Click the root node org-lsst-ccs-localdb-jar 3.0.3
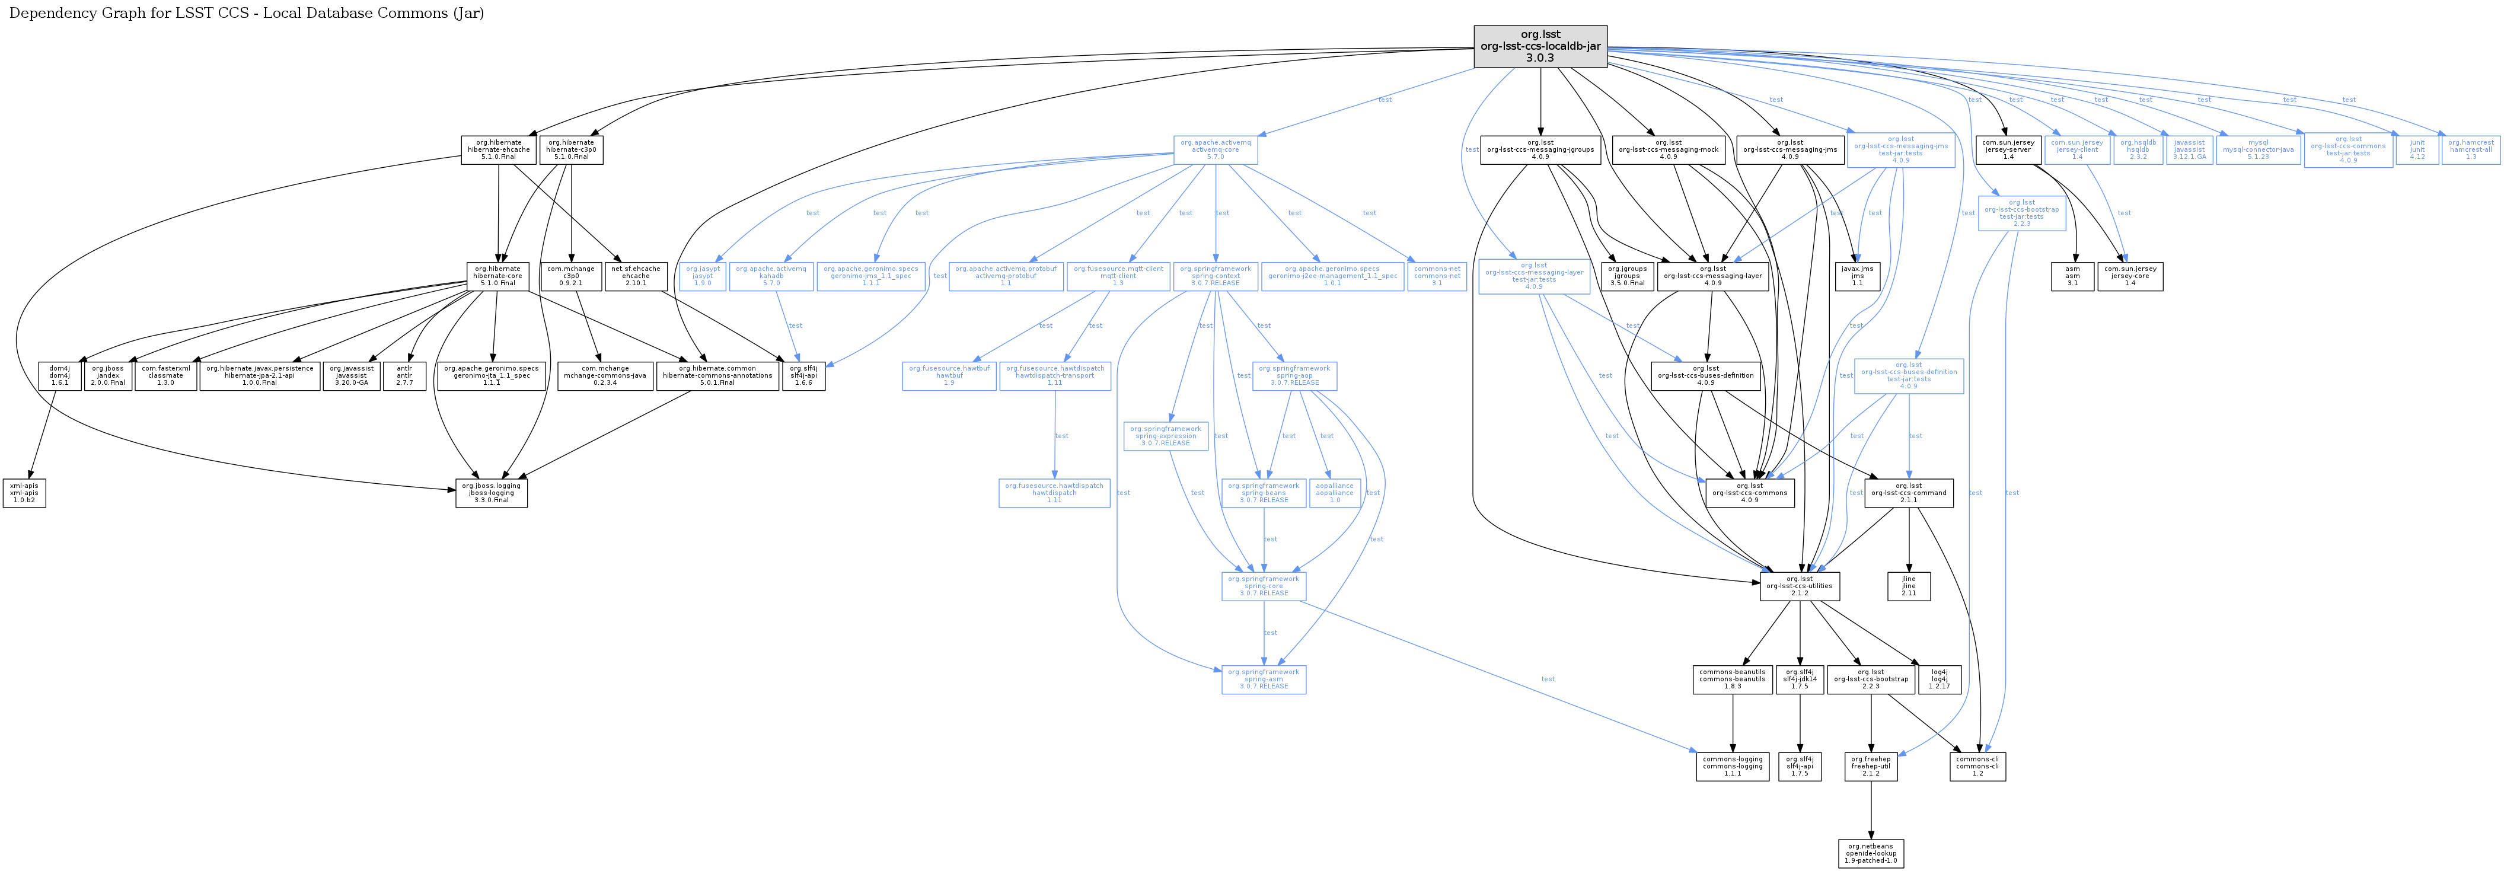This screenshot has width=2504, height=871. click(x=1540, y=47)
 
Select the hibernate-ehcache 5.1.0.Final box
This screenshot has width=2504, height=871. click(x=499, y=149)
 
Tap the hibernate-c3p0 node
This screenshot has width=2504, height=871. click(x=570, y=149)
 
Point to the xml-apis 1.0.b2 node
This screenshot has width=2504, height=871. click(x=24, y=493)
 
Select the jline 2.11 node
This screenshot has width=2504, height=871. click(x=1908, y=586)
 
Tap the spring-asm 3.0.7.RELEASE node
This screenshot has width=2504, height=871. click(x=1264, y=679)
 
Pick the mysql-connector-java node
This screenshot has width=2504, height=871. click(x=2258, y=149)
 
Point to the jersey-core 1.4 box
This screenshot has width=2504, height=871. click(x=2130, y=276)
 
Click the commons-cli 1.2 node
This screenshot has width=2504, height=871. click(x=1977, y=766)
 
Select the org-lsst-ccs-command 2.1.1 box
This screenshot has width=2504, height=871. click(x=1908, y=493)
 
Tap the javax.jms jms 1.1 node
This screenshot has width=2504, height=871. click(x=1857, y=276)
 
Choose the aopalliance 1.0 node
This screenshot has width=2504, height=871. click(x=1335, y=493)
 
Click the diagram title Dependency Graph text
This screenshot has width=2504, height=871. click(x=246, y=12)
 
